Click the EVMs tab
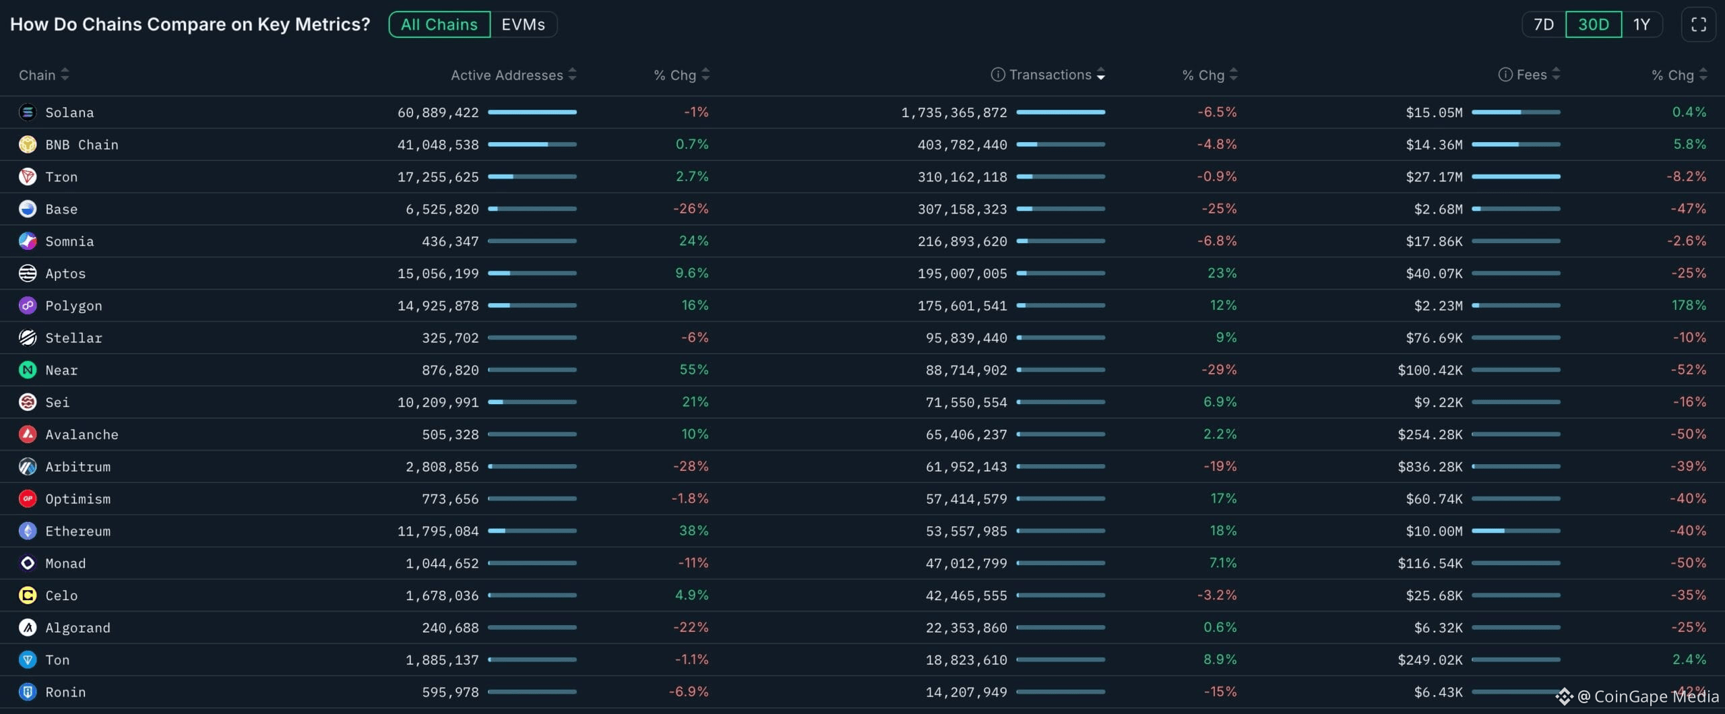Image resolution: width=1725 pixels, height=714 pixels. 523,25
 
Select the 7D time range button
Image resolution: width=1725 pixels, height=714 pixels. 1543,25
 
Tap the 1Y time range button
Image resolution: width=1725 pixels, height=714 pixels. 1641,25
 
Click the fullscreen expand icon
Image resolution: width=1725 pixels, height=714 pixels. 1698,25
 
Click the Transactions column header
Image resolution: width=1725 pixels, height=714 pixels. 1049,75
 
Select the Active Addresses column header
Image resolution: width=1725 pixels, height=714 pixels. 507,75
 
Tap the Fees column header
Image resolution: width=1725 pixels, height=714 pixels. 1531,75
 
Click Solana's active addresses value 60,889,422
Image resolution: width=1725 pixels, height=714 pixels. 438,112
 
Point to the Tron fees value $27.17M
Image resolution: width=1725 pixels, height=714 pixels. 1434,177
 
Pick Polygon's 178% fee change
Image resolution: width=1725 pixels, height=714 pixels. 1689,306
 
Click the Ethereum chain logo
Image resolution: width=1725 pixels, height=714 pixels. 28,531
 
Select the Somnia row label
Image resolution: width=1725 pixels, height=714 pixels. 69,241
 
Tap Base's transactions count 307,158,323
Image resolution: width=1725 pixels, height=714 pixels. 962,209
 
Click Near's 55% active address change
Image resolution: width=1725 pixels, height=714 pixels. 693,370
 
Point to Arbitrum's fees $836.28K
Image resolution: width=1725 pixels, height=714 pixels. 1430,467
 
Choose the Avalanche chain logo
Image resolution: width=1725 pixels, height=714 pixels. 28,434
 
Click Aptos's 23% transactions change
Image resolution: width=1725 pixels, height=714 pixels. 1222,273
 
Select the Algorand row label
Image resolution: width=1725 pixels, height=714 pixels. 77,628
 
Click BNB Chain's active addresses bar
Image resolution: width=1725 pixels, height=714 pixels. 532,144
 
